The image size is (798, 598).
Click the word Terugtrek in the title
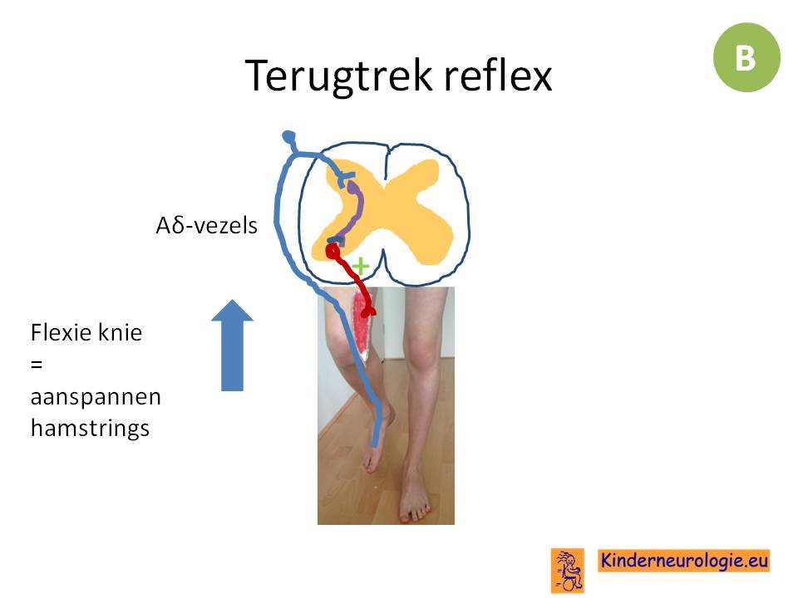[x=338, y=76]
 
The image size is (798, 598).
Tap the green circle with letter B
[x=746, y=57]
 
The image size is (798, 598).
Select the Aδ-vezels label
[x=207, y=225]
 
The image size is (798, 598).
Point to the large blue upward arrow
[x=232, y=346]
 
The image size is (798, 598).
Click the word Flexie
[x=61, y=332]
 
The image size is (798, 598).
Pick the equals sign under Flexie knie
[x=37, y=365]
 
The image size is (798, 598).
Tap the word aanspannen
[x=96, y=397]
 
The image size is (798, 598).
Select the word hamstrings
[x=90, y=428]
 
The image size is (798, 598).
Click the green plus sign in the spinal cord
[x=360, y=266]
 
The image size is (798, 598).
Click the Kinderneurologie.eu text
[x=683, y=561]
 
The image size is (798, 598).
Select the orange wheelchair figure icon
[x=568, y=570]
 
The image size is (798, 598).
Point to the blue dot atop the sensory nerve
[x=288, y=136]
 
